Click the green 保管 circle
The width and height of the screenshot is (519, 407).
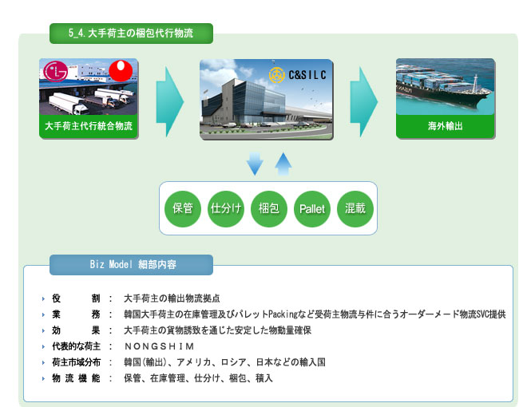tap(183, 209)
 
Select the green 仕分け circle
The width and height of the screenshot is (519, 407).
tap(226, 209)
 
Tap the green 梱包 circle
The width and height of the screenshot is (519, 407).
tap(269, 209)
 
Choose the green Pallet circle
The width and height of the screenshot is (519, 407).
tap(312, 209)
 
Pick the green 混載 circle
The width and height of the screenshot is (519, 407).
tap(355, 209)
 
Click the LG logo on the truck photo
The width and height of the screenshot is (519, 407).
tap(56, 71)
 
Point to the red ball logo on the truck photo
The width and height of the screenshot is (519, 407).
tap(121, 70)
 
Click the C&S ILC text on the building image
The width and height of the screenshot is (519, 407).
tap(307, 75)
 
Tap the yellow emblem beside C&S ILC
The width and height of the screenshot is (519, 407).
tap(277, 75)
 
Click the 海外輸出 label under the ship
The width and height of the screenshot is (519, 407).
tap(446, 126)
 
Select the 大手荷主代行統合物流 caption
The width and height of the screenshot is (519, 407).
tap(89, 126)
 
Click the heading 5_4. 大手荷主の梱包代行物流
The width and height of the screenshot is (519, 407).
tap(131, 33)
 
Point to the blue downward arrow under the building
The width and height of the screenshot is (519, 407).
tap(255, 164)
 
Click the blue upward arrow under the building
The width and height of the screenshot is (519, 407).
tap(283, 164)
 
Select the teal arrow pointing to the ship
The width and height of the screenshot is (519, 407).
tap(364, 102)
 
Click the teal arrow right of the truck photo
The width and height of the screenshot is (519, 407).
tap(170, 102)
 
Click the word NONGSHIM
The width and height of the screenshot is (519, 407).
tap(159, 346)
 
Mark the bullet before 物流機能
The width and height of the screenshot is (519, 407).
tap(43, 378)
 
